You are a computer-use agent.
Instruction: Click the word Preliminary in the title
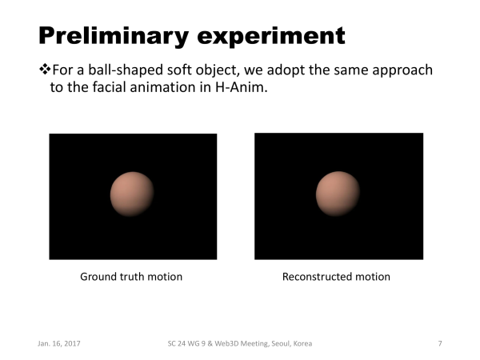114,36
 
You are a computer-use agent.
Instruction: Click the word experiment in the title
271,37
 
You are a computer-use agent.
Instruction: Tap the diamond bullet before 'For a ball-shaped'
45,69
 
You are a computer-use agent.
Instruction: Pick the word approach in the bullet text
402,70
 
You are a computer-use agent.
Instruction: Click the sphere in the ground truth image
132,194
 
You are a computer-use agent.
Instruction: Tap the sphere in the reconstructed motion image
338,194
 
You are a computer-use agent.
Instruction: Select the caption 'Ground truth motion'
131,277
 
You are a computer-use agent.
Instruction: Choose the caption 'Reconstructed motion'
336,277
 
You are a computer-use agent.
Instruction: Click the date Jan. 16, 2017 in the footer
59,343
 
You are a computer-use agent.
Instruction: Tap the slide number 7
440,343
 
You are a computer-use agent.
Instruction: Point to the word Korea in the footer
302,343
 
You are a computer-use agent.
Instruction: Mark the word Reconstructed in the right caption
317,277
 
